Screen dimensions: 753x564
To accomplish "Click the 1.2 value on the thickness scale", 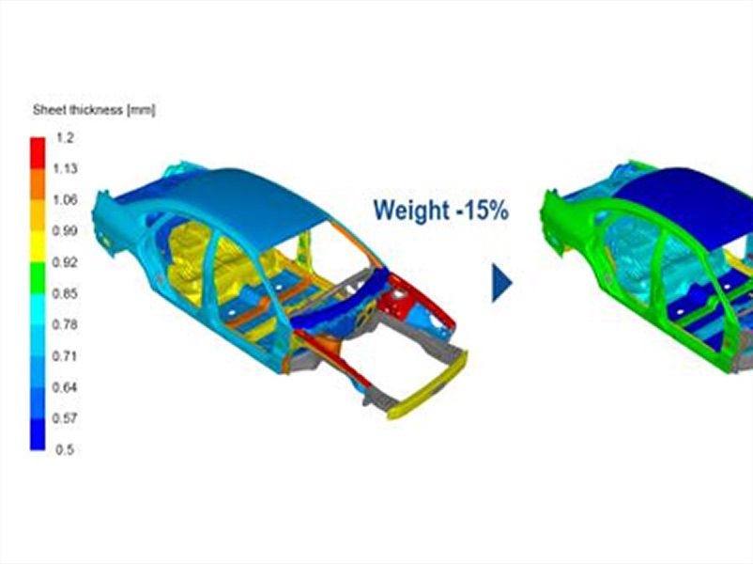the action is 65,138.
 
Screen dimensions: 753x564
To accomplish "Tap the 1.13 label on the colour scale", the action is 65,169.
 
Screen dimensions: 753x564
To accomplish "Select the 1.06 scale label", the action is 65,200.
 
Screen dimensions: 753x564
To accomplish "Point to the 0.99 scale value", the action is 65,231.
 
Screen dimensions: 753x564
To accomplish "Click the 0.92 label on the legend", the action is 65,262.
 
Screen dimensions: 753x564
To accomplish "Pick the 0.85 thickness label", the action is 65,294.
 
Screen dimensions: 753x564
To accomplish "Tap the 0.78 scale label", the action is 65,325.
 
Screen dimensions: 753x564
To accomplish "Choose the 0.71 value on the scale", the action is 65,356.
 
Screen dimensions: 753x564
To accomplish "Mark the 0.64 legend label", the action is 65,387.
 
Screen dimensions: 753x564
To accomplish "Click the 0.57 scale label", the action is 65,419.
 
